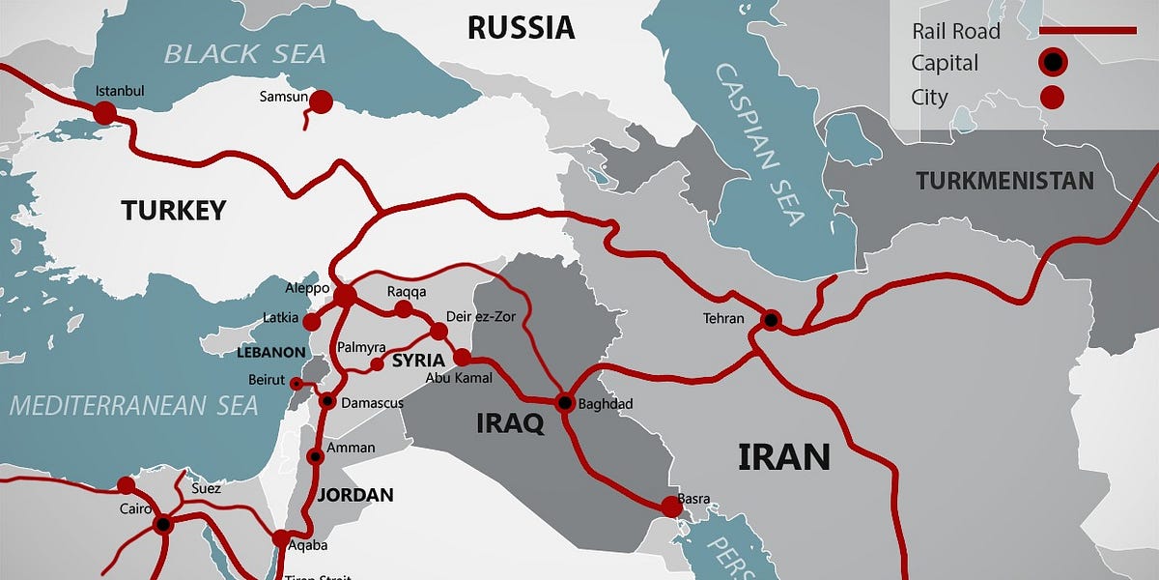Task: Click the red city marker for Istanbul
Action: (x=104, y=113)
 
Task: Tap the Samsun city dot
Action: (x=321, y=102)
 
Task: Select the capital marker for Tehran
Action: (x=771, y=319)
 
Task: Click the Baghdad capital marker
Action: (x=564, y=402)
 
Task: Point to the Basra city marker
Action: (x=670, y=506)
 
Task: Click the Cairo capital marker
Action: (x=162, y=525)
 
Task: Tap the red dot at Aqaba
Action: (x=280, y=539)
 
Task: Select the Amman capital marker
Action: (x=315, y=456)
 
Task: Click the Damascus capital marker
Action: (x=327, y=401)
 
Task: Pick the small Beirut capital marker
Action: (x=296, y=384)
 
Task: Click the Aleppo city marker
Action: (x=345, y=295)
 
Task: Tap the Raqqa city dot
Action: (x=404, y=309)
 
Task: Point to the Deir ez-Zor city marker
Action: (x=438, y=332)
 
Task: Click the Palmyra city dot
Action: (x=378, y=364)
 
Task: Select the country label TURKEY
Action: (x=174, y=210)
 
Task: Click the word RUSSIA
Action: (x=521, y=27)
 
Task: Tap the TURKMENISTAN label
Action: (x=1004, y=181)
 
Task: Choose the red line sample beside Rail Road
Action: (x=1088, y=31)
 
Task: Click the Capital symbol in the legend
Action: (x=1052, y=64)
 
